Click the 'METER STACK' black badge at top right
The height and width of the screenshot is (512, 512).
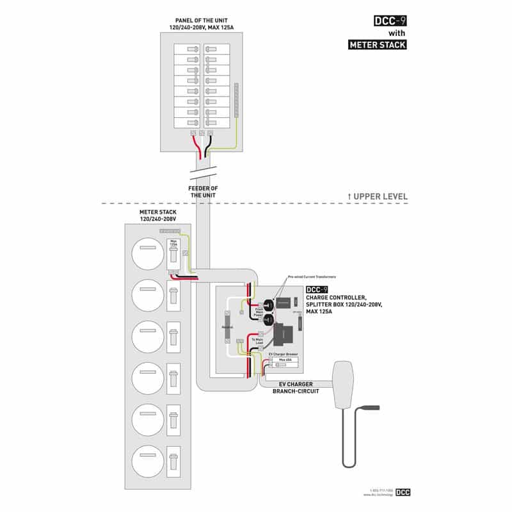377,45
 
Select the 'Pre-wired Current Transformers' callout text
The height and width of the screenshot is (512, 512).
312,276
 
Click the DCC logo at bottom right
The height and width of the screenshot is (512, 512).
403,492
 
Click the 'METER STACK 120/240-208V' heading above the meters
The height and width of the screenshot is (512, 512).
157,215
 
